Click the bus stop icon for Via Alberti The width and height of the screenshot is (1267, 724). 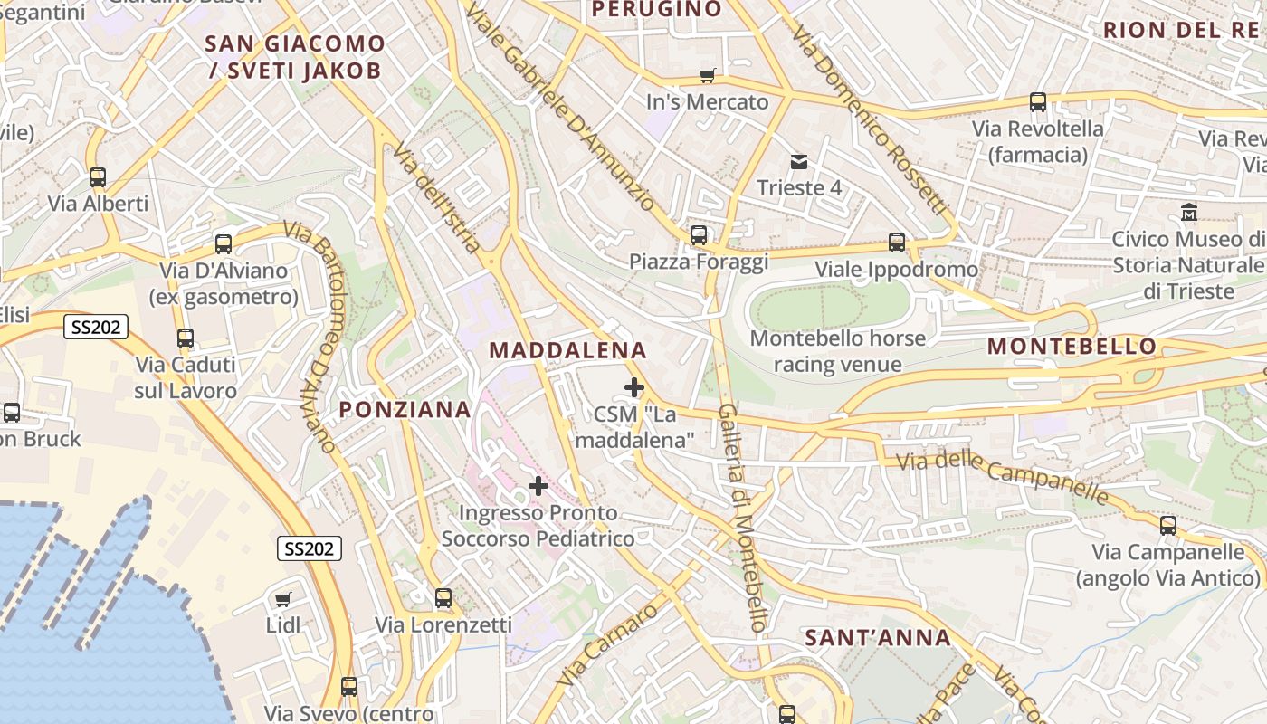pyautogui.click(x=98, y=177)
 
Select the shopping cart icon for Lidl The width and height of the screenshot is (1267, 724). pyautogui.click(x=282, y=599)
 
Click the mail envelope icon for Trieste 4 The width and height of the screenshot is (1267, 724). pyautogui.click(x=799, y=162)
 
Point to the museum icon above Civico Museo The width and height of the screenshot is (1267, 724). pyautogui.click(x=1189, y=213)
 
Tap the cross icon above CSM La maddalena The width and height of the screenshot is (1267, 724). pyautogui.click(x=634, y=388)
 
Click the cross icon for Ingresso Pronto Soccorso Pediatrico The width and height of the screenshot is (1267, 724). pyautogui.click(x=538, y=486)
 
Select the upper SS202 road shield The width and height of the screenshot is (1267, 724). pyautogui.click(x=95, y=327)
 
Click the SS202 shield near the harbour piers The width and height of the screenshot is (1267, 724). pyautogui.click(x=310, y=548)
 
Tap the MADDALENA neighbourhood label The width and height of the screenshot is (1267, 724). pyautogui.click(x=568, y=350)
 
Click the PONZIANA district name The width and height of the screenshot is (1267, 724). pyautogui.click(x=405, y=409)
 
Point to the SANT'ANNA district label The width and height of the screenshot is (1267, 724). pyautogui.click(x=878, y=638)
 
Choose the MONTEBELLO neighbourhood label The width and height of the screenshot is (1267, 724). pyautogui.click(x=1072, y=346)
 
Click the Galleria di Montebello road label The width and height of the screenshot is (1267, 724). pyautogui.click(x=743, y=518)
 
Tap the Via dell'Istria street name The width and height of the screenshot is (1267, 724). pyautogui.click(x=438, y=201)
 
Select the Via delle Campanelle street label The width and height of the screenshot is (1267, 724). pyautogui.click(x=1003, y=477)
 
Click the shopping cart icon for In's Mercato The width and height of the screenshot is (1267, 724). pyautogui.click(x=707, y=76)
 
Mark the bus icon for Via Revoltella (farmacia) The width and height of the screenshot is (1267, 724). pyautogui.click(x=1038, y=102)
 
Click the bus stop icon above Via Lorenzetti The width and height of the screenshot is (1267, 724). pyautogui.click(x=443, y=598)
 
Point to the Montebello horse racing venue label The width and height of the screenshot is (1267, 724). pyautogui.click(x=838, y=351)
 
